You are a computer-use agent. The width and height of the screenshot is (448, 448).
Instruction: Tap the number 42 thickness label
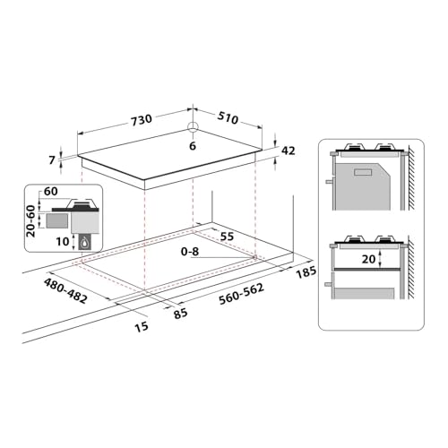(289, 151)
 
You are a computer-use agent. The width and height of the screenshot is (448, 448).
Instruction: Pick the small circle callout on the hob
(193, 126)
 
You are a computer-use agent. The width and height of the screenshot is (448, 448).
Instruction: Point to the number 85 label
(180, 314)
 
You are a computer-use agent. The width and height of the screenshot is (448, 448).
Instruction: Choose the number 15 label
(141, 327)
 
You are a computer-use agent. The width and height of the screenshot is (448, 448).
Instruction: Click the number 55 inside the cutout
(228, 236)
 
